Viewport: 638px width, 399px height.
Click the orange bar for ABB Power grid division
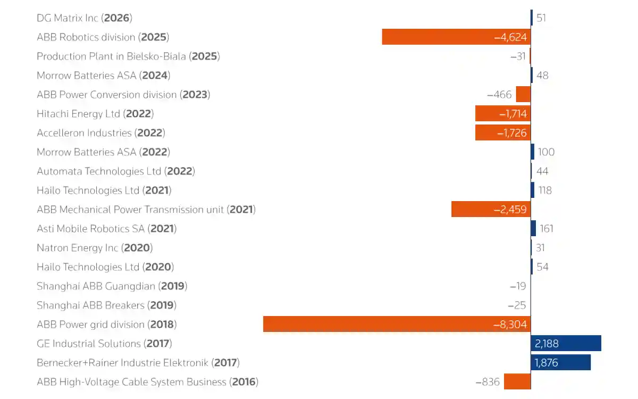(x=397, y=324)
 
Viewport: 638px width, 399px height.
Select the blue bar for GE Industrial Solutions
(x=566, y=343)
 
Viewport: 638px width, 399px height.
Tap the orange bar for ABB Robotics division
(x=456, y=37)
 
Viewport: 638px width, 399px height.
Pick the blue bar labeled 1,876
(x=560, y=362)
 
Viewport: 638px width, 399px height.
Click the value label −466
(x=499, y=95)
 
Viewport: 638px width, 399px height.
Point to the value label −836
(x=487, y=382)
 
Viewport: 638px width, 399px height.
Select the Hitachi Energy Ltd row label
(x=95, y=114)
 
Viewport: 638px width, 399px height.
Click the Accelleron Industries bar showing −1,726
(x=502, y=132)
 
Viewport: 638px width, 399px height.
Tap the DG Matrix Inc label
(x=84, y=18)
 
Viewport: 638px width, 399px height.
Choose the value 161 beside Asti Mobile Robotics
(x=547, y=229)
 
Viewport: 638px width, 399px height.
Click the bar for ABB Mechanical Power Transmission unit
(x=491, y=209)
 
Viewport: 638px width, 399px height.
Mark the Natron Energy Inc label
(x=95, y=248)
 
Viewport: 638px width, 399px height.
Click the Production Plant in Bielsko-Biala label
(x=128, y=56)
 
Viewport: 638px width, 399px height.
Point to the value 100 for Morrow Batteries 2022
(x=546, y=152)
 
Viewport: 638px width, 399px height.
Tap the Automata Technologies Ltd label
(x=115, y=171)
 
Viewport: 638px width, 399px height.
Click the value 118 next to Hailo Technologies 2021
(x=545, y=190)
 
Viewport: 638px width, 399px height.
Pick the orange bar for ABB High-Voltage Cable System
(x=517, y=381)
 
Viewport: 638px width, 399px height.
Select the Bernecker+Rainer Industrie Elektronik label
(x=138, y=363)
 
